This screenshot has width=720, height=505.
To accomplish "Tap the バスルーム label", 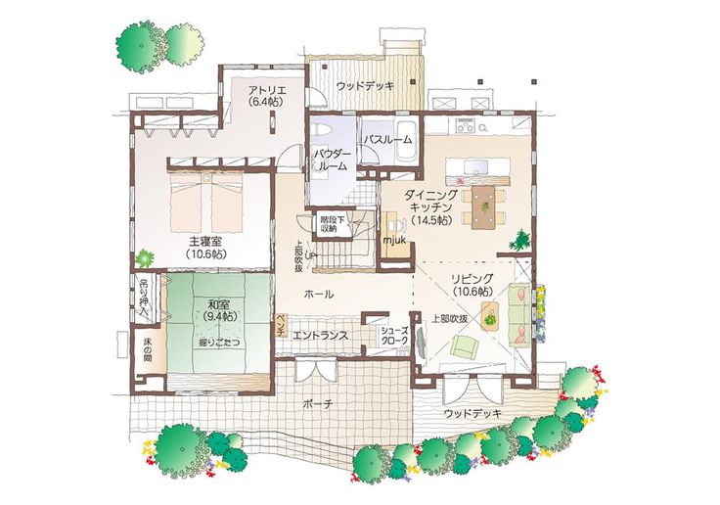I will click(x=387, y=141).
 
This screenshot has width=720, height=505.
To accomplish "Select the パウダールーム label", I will click(x=331, y=161).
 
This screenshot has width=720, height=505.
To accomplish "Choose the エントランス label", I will click(x=319, y=335).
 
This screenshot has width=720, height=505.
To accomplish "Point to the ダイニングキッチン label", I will click(x=430, y=208).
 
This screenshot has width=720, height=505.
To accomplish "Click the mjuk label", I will click(x=394, y=240).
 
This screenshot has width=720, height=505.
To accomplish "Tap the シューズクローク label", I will click(x=396, y=338).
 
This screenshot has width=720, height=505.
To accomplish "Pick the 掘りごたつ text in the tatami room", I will click(x=219, y=343).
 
